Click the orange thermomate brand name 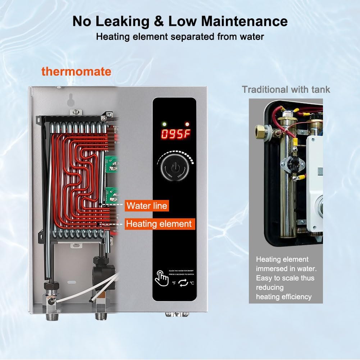(76, 71)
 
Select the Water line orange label (147, 206)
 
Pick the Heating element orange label (159, 224)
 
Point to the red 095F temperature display (174, 135)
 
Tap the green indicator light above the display (164, 124)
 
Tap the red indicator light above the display (186, 124)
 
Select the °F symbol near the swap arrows (174, 283)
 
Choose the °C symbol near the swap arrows (192, 283)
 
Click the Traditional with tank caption (286, 89)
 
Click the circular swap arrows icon (183, 283)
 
